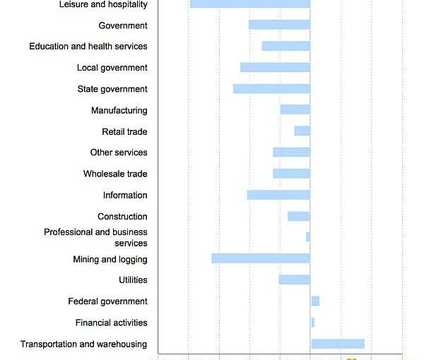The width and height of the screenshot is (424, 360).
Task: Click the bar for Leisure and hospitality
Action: pyautogui.click(x=250, y=4)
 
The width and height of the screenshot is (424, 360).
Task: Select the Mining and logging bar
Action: pyautogui.click(x=261, y=258)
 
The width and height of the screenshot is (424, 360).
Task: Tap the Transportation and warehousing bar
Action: pyautogui.click(x=338, y=344)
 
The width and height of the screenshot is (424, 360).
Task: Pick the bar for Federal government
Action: pyautogui.click(x=315, y=301)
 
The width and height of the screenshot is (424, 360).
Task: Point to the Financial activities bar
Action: pyautogui.click(x=312, y=323)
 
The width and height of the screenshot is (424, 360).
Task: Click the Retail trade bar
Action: pyautogui.click(x=302, y=131)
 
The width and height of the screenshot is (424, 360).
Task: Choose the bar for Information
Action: pyautogui.click(x=278, y=195)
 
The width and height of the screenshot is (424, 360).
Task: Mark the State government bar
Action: pyautogui.click(x=271, y=89)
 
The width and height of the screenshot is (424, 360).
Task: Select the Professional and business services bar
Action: pyautogui.click(x=308, y=236)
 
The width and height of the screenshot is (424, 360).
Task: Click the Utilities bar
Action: pyautogui.click(x=295, y=280)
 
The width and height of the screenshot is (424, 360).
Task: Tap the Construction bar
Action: pyautogui.click(x=299, y=216)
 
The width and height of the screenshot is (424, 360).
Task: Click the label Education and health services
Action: pyautogui.click(x=88, y=47)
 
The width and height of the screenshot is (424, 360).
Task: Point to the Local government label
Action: pyautogui.click(x=112, y=68)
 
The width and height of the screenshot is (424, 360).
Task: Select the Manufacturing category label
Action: pyautogui.click(x=119, y=111)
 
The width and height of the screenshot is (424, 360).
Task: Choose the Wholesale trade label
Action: pyautogui.click(x=115, y=174)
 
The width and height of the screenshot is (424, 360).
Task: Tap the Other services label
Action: pyautogui.click(x=119, y=152)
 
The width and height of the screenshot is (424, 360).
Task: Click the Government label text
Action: pyautogui.click(x=123, y=26)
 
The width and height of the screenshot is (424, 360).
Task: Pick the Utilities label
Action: pyautogui.click(x=133, y=280)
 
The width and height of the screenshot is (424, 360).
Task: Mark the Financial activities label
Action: pyautogui.click(x=112, y=323)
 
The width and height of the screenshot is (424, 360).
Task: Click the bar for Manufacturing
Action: pyautogui.click(x=295, y=109)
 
